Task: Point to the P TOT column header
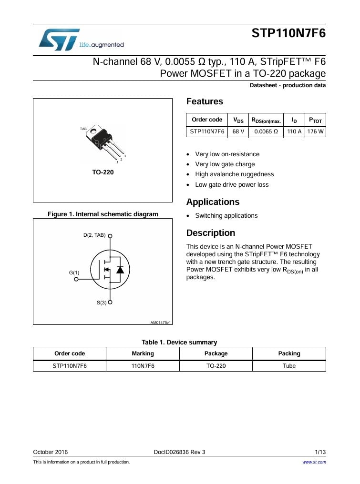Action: coord(315,120)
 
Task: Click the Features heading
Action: coord(205,101)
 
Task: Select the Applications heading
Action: coord(213,202)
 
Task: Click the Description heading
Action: coord(210,233)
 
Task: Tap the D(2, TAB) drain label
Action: coord(91,235)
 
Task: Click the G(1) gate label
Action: coord(74,272)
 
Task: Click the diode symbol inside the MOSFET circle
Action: coord(120,270)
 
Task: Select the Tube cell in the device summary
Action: coord(289,366)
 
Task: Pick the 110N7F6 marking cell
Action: coord(143,366)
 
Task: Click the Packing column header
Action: coord(289,353)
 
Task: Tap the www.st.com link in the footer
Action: coord(314,462)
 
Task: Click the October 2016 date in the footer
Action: coord(50,452)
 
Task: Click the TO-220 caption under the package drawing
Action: coord(103,172)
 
